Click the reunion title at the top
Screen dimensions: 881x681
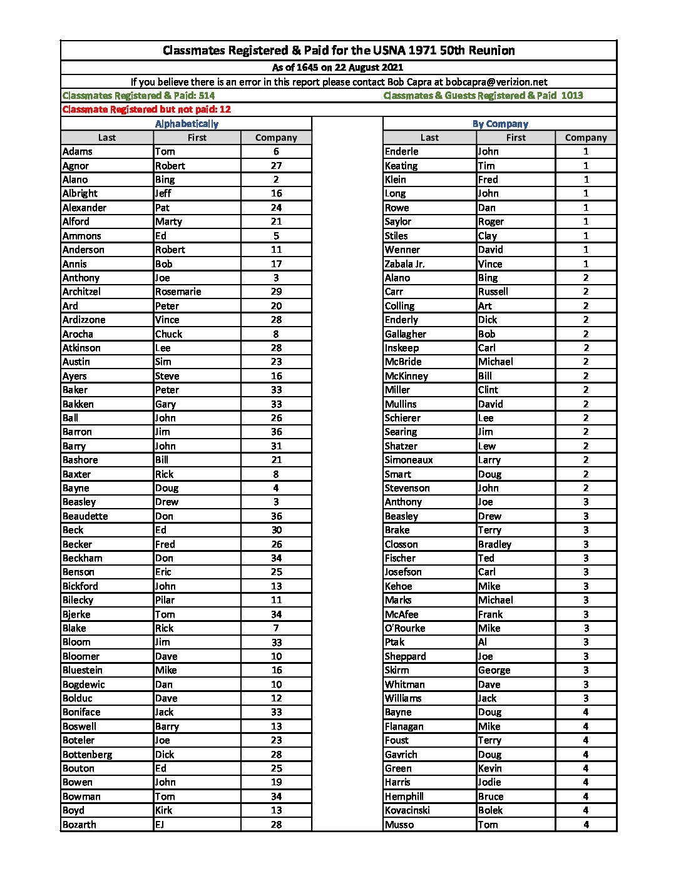[339, 51]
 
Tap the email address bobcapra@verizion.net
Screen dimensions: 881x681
[496, 82]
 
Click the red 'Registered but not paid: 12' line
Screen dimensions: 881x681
[146, 109]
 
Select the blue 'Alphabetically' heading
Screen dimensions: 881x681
[187, 124]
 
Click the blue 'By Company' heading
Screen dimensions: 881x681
[500, 124]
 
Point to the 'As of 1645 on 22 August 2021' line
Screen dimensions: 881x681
[337, 68]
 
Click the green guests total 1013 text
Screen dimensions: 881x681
[483, 96]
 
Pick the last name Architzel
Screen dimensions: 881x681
[81, 292]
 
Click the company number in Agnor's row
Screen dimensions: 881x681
[276, 166]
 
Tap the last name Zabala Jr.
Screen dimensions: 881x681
[404, 264]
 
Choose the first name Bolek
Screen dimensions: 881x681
[490, 810]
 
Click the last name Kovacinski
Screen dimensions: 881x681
[407, 810]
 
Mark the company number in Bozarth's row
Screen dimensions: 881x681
[276, 825]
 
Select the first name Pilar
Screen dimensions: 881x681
[165, 600]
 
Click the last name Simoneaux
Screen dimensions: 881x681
[409, 460]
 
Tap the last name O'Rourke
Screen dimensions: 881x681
[405, 628]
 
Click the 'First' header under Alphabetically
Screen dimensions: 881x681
[197, 138]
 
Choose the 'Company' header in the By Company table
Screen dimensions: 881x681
[586, 138]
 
